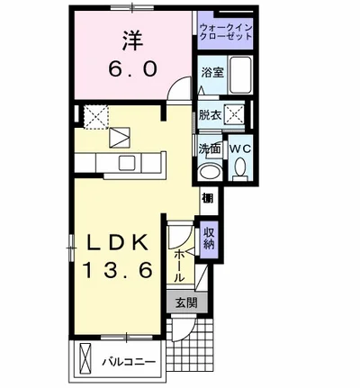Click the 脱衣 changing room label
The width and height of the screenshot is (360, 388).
(x=210, y=114)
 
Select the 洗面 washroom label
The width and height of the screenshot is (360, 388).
(x=210, y=149)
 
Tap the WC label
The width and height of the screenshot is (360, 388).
(x=240, y=149)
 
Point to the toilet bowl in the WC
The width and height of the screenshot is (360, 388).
(x=241, y=168)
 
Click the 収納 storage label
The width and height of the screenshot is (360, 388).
(x=209, y=239)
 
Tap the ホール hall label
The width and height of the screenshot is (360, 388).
(x=179, y=266)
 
